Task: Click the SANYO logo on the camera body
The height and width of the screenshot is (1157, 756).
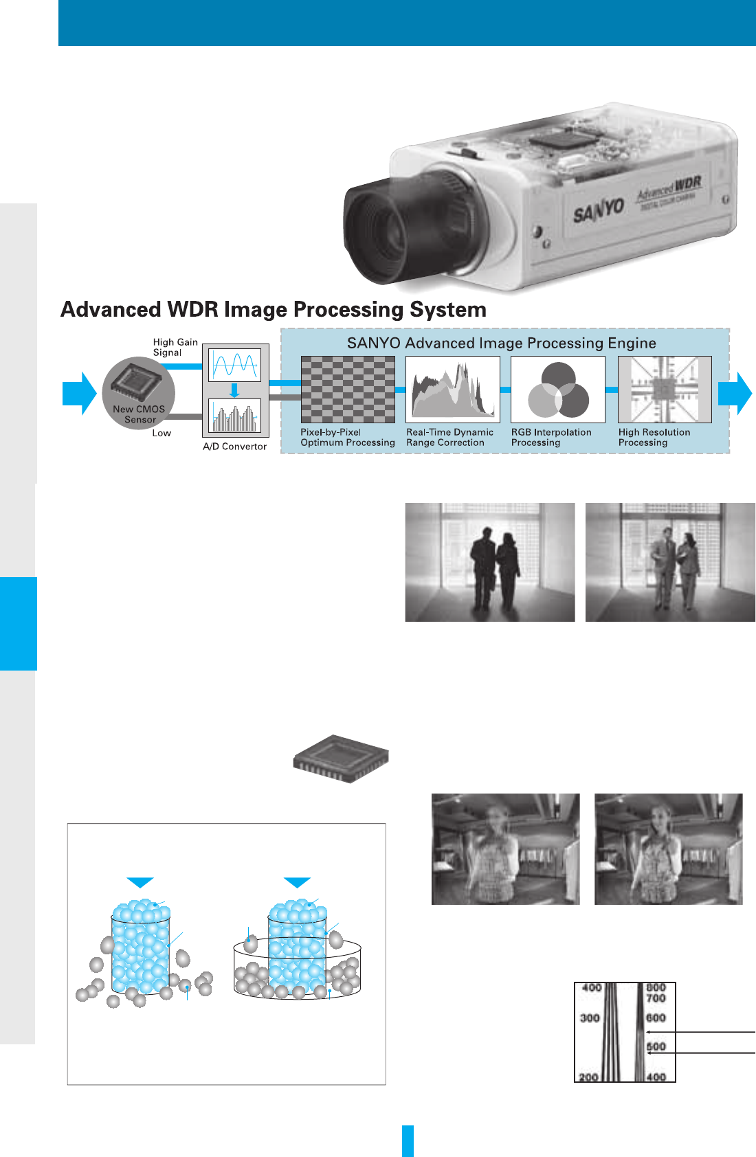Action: [599, 210]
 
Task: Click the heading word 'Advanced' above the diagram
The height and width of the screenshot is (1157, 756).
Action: [112, 310]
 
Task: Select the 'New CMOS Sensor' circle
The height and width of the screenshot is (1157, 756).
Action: [139, 393]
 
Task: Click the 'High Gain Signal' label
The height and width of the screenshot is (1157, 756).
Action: [175, 347]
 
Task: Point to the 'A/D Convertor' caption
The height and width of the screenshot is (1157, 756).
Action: [234, 447]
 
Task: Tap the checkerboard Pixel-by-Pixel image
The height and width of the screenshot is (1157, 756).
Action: [348, 390]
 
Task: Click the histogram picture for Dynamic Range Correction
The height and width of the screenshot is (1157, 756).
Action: [452, 390]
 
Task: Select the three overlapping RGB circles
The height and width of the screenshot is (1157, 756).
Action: [558, 390]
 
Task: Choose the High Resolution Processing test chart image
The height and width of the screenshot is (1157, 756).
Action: [665, 390]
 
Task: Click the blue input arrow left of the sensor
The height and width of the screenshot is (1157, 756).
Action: [80, 393]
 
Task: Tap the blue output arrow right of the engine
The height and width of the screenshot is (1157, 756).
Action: [735, 393]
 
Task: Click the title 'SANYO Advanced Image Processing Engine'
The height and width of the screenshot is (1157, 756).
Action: [501, 343]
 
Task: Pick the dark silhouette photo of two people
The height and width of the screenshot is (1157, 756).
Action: [489, 562]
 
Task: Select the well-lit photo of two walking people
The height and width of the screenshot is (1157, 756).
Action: [670, 562]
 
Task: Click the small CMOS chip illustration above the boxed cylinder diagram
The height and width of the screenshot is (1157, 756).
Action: [341, 759]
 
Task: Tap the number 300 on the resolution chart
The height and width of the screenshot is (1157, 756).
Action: [590, 1018]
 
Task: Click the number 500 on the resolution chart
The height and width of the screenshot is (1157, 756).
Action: [656, 1046]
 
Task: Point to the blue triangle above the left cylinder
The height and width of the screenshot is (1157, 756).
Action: [140, 882]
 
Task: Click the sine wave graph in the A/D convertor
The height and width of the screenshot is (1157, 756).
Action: [234, 364]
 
